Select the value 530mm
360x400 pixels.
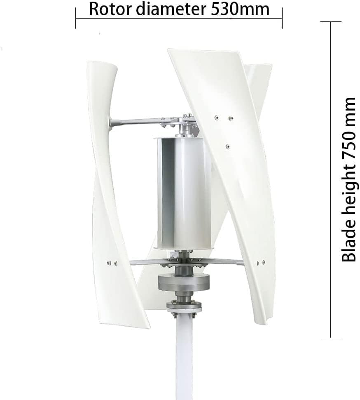point(241,9)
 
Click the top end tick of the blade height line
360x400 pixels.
point(331,22)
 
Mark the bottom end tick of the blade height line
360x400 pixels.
point(331,338)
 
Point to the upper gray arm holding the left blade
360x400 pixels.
point(136,121)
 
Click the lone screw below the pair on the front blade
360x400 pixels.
point(227,146)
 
